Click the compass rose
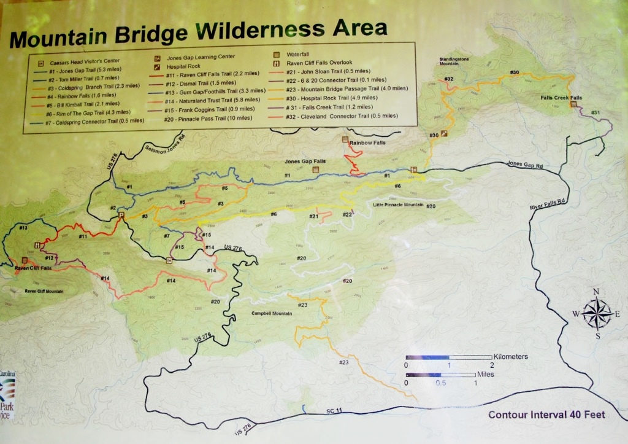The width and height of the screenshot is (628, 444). pos(597,313)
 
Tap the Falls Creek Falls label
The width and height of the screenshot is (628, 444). pos(561,98)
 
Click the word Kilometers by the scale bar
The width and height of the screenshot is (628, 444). pos(510,356)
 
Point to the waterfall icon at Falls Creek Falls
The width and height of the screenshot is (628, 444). pos(573,104)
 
